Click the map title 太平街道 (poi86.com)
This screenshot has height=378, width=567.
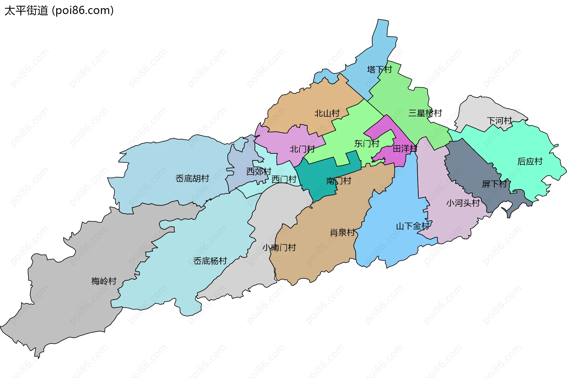(59, 11)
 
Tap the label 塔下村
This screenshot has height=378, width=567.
(379, 70)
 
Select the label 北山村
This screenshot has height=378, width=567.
(327, 113)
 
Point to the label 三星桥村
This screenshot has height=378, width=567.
(425, 113)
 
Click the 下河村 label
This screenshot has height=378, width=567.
(499, 121)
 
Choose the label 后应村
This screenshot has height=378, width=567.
(530, 161)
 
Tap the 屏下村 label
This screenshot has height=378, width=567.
(494, 184)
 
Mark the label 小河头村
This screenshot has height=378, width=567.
(463, 203)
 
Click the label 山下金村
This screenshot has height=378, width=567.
(413, 226)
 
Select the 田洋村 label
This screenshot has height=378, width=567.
(405, 148)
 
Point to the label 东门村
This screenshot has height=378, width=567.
(366, 144)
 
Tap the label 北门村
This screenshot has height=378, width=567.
(302, 149)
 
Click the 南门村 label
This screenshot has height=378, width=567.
(339, 181)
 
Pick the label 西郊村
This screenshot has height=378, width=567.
(259, 172)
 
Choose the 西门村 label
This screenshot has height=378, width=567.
(284, 179)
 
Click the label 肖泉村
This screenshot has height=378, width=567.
(342, 232)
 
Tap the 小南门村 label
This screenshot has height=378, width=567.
(279, 248)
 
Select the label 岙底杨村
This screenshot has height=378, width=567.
(210, 261)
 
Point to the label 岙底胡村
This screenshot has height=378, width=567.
(192, 178)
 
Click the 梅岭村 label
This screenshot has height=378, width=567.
(104, 281)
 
